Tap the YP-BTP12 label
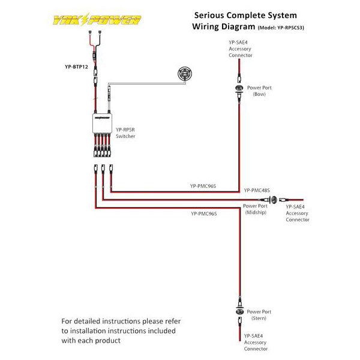(x=77, y=67)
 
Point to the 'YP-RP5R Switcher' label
(x=125, y=133)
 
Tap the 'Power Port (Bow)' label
(x=259, y=91)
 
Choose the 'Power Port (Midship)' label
(x=256, y=209)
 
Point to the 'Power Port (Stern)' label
(x=259, y=315)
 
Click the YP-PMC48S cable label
(x=256, y=190)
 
